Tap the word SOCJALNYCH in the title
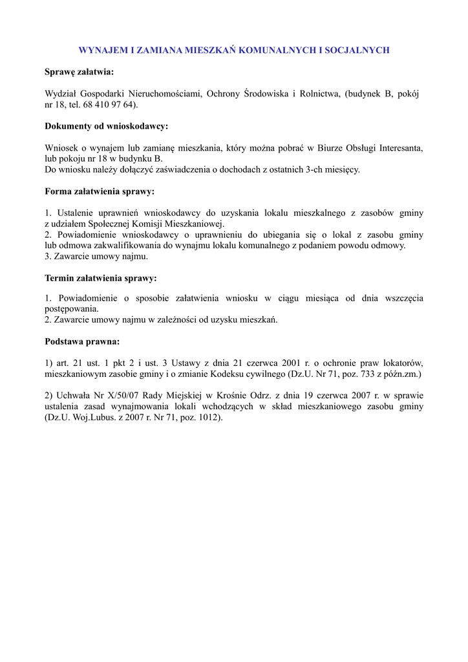click(x=359, y=50)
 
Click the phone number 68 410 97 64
click(x=112, y=105)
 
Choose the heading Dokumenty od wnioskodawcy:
click(x=106, y=127)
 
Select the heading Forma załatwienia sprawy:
click(x=100, y=191)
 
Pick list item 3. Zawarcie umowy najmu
click(x=96, y=256)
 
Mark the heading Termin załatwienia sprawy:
click(x=101, y=278)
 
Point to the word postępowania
click(x=71, y=309)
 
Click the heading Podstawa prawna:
click(x=82, y=341)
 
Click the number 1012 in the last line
click(x=207, y=417)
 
